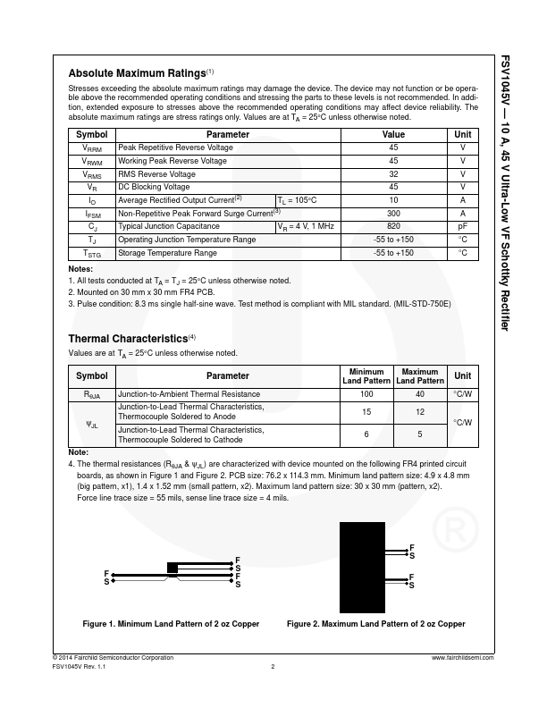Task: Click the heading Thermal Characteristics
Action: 129,338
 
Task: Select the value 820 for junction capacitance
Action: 393,227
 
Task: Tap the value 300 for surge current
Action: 393,214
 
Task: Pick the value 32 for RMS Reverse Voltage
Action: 393,174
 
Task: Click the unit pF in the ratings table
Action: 462,227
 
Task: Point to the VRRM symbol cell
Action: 92,147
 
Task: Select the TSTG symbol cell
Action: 92,254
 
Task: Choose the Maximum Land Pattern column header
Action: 420,376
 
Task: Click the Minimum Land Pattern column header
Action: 366,376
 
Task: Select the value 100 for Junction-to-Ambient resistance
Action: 366,394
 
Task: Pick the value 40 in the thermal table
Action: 420,394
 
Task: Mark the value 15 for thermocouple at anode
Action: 366,412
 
